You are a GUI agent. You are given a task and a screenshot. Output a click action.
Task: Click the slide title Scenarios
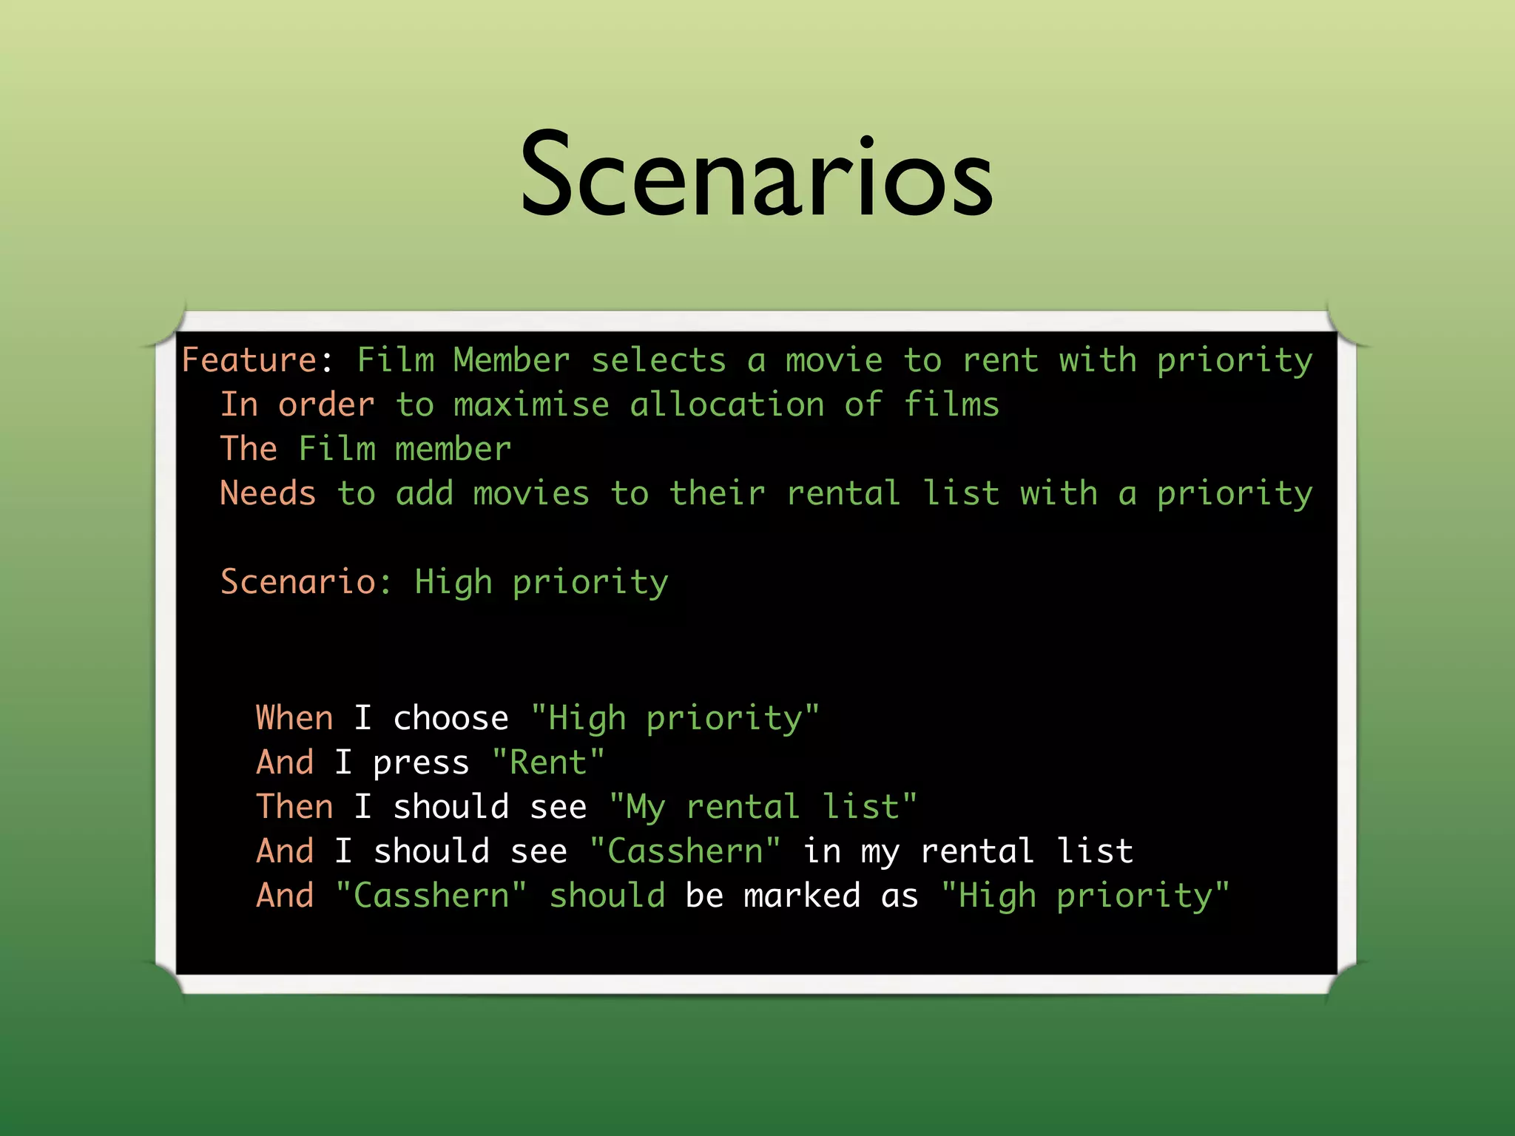[x=757, y=175]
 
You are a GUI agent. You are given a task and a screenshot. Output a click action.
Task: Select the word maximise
[x=531, y=405]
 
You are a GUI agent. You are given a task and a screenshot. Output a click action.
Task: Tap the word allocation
[x=726, y=405]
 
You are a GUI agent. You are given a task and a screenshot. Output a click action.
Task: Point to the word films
[x=951, y=405]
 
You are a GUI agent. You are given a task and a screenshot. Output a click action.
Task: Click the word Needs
[x=268, y=493]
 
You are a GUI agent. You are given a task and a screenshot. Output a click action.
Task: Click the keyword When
[x=294, y=718]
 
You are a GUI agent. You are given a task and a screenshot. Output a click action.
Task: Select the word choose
[x=451, y=718]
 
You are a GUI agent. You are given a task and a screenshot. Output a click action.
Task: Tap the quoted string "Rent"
[x=548, y=763]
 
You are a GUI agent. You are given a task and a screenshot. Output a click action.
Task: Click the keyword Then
[x=294, y=807]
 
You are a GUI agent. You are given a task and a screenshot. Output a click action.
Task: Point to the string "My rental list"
[x=763, y=807]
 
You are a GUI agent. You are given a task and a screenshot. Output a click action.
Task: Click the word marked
[x=802, y=896]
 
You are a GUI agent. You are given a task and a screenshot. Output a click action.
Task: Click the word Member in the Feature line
[x=511, y=360]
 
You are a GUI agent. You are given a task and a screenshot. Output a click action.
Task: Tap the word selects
[x=658, y=360]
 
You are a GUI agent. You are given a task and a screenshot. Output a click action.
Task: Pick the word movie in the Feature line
[x=834, y=360]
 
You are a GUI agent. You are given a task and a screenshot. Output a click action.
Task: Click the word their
[x=718, y=493]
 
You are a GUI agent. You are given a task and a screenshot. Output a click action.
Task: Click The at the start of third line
[x=249, y=449]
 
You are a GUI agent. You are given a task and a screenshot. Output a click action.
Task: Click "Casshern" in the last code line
[x=431, y=896]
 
